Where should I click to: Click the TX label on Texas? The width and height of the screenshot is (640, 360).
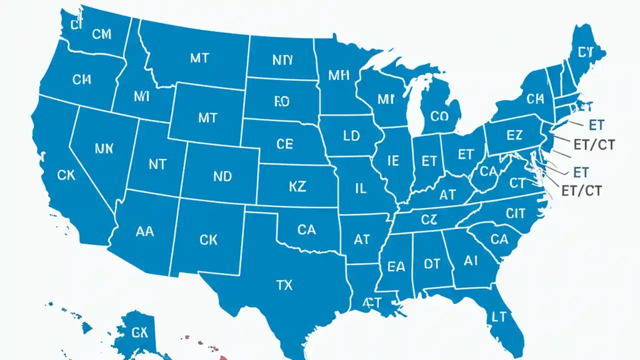284,285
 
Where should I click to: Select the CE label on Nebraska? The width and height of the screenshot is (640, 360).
284,144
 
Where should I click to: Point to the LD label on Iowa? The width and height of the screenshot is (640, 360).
351,136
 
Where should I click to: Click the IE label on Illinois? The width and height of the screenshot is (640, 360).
393,160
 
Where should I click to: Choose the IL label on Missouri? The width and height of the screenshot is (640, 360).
360,188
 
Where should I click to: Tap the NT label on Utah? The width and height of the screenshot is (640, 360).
157,164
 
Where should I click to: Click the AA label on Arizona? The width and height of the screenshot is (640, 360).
145,231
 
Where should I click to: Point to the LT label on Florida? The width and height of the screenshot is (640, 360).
499,316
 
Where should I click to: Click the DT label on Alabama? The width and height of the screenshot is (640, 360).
431,264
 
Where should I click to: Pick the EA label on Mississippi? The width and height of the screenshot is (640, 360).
396,267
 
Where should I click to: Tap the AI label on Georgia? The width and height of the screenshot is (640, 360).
471,260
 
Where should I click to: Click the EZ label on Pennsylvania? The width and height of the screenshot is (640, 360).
514,135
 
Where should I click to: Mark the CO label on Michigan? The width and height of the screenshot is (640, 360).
439,116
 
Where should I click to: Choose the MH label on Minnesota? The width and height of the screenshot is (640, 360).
339,76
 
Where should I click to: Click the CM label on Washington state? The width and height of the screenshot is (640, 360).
102,34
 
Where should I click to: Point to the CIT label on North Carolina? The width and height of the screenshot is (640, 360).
515,214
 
